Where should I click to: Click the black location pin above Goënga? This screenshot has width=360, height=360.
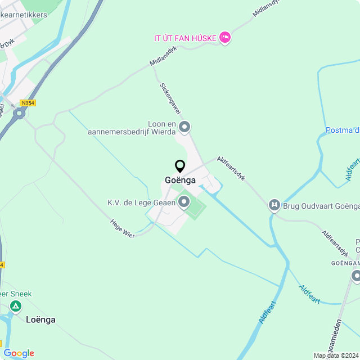click(180, 166)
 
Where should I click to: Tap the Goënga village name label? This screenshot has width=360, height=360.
click(180, 181)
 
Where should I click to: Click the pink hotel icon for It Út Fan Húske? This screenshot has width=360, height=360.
click(225, 37)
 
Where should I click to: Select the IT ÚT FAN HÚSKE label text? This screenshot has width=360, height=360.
click(185, 38)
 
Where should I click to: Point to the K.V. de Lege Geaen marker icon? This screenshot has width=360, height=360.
click(183, 202)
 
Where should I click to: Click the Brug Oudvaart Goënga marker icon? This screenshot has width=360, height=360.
click(274, 205)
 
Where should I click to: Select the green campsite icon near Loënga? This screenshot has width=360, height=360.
click(16, 306)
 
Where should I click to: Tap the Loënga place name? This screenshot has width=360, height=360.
click(41, 319)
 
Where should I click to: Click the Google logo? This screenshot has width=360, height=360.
click(19, 353)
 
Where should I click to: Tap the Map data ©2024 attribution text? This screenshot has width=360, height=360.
click(336, 355)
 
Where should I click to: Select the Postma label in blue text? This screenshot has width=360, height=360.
click(342, 130)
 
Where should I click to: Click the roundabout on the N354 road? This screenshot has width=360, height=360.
click(20, 114)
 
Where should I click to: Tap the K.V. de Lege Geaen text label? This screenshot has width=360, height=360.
click(141, 202)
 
